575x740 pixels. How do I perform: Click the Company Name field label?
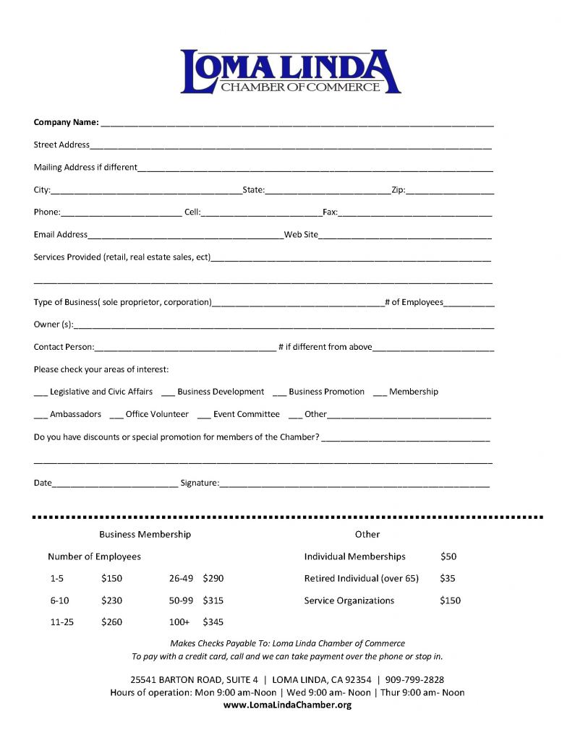[66, 122]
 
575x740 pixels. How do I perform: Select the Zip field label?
[398, 190]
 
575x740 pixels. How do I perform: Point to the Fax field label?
[330, 212]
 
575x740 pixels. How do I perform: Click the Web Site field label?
[301, 235]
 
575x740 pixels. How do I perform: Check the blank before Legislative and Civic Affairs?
[41, 393]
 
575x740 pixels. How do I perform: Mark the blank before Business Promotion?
[279, 393]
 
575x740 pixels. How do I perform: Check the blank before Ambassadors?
[41, 416]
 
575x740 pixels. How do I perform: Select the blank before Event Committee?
[204, 416]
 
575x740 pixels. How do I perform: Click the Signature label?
[199, 482]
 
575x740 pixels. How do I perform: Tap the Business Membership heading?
[145, 534]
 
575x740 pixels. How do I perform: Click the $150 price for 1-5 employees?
[112, 578]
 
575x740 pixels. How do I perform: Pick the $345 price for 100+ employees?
[213, 621]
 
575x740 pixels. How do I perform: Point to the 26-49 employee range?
[181, 578]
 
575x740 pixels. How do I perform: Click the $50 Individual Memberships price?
[448, 556]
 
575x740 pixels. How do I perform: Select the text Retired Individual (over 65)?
[361, 578]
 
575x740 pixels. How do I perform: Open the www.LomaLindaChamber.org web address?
[287, 705]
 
